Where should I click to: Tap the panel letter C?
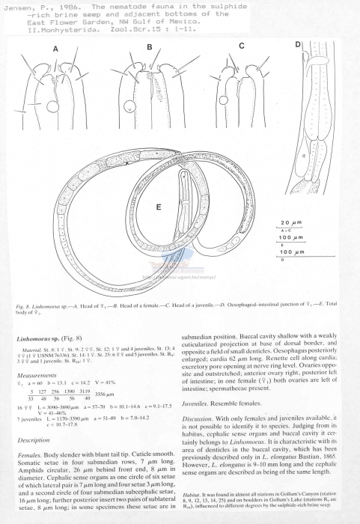242,46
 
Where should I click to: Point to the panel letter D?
297,44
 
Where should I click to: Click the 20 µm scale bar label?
287,224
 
